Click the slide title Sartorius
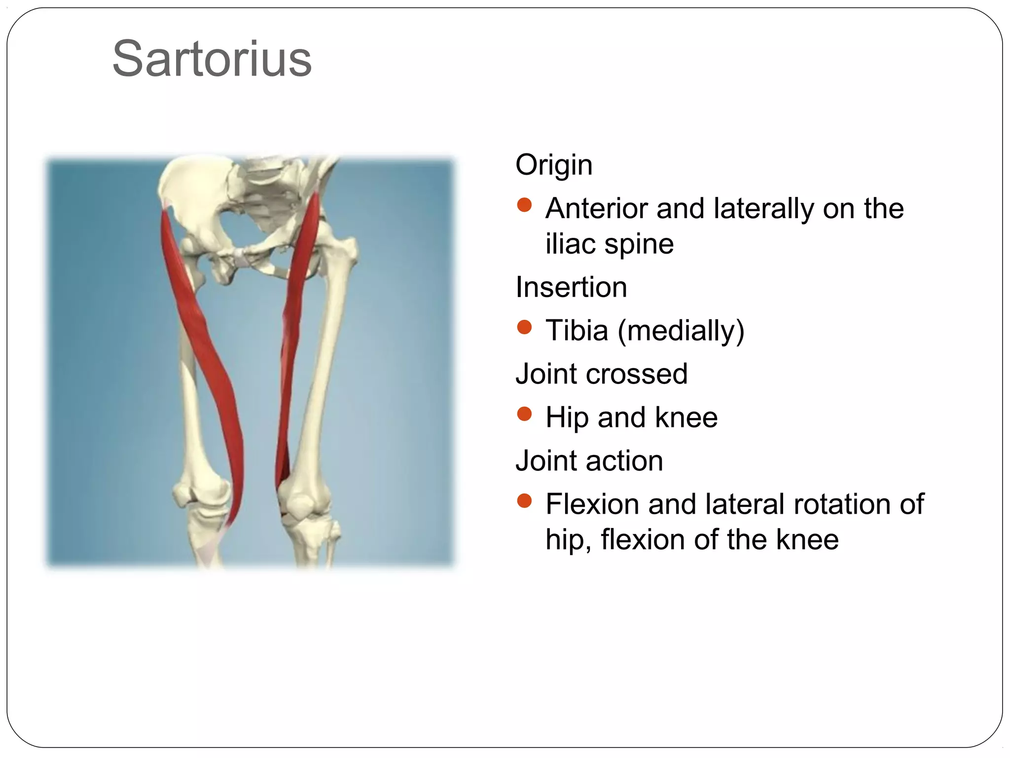[x=212, y=59]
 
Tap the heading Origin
[x=554, y=165]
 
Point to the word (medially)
[x=681, y=331]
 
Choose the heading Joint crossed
[x=601, y=374]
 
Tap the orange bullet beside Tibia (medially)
[x=524, y=327]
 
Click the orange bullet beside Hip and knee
[x=524, y=414]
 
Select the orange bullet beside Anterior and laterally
[x=524, y=205]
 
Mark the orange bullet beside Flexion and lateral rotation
[x=524, y=501]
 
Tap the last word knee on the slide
[x=807, y=539]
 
